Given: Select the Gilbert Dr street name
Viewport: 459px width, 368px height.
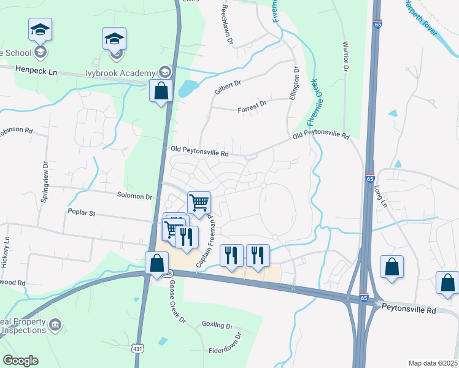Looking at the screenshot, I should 228,86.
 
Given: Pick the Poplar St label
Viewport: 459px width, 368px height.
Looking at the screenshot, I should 82,213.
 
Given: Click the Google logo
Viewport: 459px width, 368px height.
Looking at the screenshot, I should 20,361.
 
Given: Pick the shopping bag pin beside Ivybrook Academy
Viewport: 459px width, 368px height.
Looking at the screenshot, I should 161,92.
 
